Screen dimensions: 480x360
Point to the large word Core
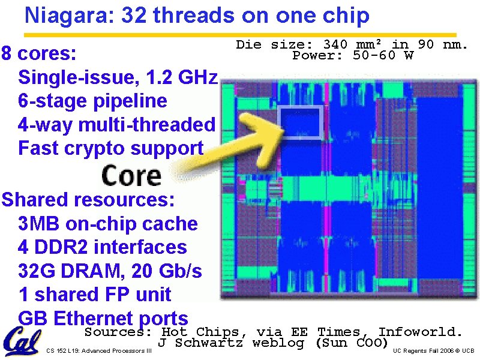click(131, 175)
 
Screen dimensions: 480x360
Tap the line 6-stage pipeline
click(92, 101)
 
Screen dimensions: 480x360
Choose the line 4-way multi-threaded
click(116, 124)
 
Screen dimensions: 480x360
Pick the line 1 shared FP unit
click(94, 295)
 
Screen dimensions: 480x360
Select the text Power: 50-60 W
click(353, 56)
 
